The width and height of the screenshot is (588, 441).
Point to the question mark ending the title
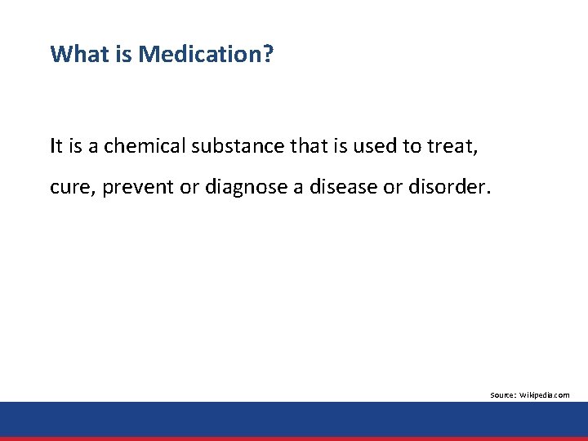pyautogui.click(x=269, y=55)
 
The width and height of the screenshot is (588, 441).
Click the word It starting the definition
pyautogui.click(x=56, y=146)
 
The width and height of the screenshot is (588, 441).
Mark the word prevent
pyautogui.click(x=134, y=188)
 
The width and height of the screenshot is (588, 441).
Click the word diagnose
pyautogui.click(x=240, y=188)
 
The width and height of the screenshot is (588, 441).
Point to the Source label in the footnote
pyautogui.click(x=502, y=395)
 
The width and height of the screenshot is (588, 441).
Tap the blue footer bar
pyautogui.click(x=294, y=419)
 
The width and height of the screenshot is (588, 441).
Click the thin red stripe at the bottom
pyautogui.click(x=294, y=439)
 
